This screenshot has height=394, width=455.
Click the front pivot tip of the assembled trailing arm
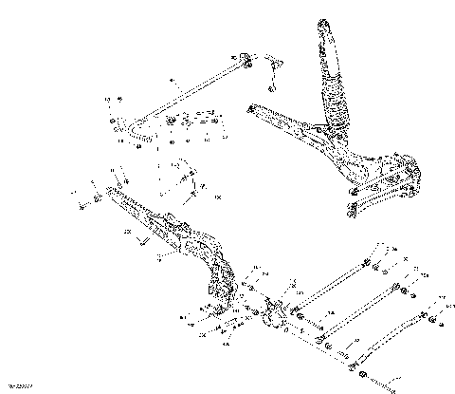click(251, 108)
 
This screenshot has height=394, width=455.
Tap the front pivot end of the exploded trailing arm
click(115, 196)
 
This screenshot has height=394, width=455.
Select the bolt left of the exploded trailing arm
click(82, 202)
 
